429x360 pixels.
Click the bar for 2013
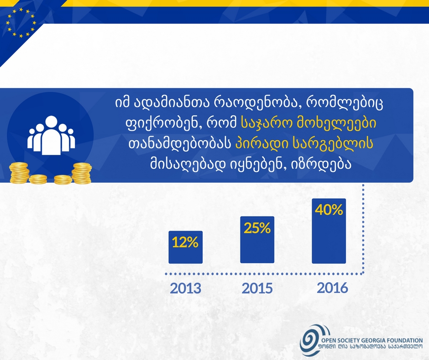(185, 247)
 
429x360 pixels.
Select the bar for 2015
(257, 240)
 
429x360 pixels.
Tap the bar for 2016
(329, 231)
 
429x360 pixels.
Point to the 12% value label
(185, 243)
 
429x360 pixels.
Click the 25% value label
(257, 228)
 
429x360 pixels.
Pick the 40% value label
(329, 210)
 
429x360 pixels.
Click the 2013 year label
(186, 288)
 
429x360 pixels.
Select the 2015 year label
(257, 288)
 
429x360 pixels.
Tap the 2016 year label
(332, 288)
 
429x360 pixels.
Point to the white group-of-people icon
(51, 135)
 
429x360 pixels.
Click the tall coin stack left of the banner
(19, 173)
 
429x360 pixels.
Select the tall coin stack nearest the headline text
(82, 173)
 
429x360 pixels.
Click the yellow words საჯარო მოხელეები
(309, 124)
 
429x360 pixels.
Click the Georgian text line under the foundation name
(370, 347)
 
